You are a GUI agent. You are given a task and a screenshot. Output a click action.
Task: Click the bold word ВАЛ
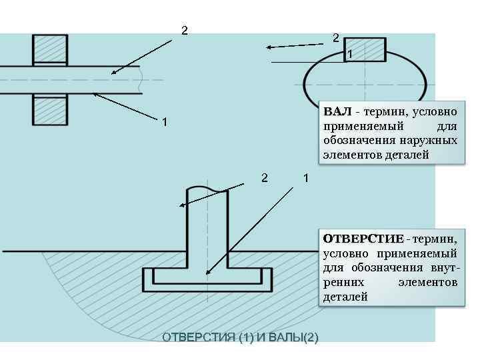(337, 110)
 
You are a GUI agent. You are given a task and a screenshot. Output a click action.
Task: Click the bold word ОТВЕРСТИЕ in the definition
(363, 239)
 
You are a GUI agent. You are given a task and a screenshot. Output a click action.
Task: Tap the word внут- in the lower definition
(441, 268)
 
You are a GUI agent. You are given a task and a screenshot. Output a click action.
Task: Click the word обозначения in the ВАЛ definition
(359, 140)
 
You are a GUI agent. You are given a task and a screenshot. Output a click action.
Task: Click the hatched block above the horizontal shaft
(50, 49)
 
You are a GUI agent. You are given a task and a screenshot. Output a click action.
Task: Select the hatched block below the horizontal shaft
(50, 109)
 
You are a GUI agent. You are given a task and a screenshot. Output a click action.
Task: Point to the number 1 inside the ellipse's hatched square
(351, 54)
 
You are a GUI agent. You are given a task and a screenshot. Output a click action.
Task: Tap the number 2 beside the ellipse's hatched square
(337, 38)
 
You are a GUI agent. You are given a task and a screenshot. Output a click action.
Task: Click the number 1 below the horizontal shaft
(164, 123)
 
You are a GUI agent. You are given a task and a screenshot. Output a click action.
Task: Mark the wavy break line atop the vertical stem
(207, 189)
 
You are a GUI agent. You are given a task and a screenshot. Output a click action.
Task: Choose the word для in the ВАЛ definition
(446, 125)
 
